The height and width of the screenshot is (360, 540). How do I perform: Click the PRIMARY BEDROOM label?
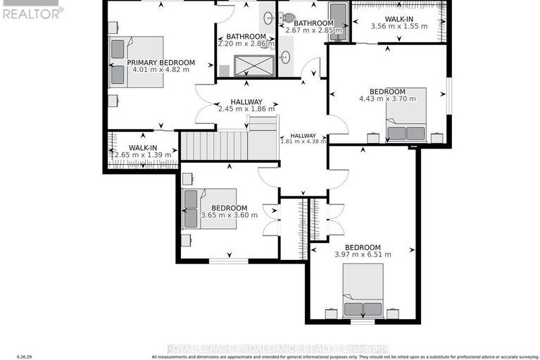[x=161, y=63]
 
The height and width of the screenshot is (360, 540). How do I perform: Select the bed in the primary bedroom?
[x=137, y=62]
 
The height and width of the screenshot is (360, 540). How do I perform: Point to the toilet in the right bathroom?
[x=289, y=18]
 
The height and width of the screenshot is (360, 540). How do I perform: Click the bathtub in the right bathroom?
[x=338, y=20]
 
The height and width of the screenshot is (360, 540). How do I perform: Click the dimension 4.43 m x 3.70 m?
[x=388, y=99]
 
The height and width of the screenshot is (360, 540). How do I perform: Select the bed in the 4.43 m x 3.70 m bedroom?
[x=406, y=124]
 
